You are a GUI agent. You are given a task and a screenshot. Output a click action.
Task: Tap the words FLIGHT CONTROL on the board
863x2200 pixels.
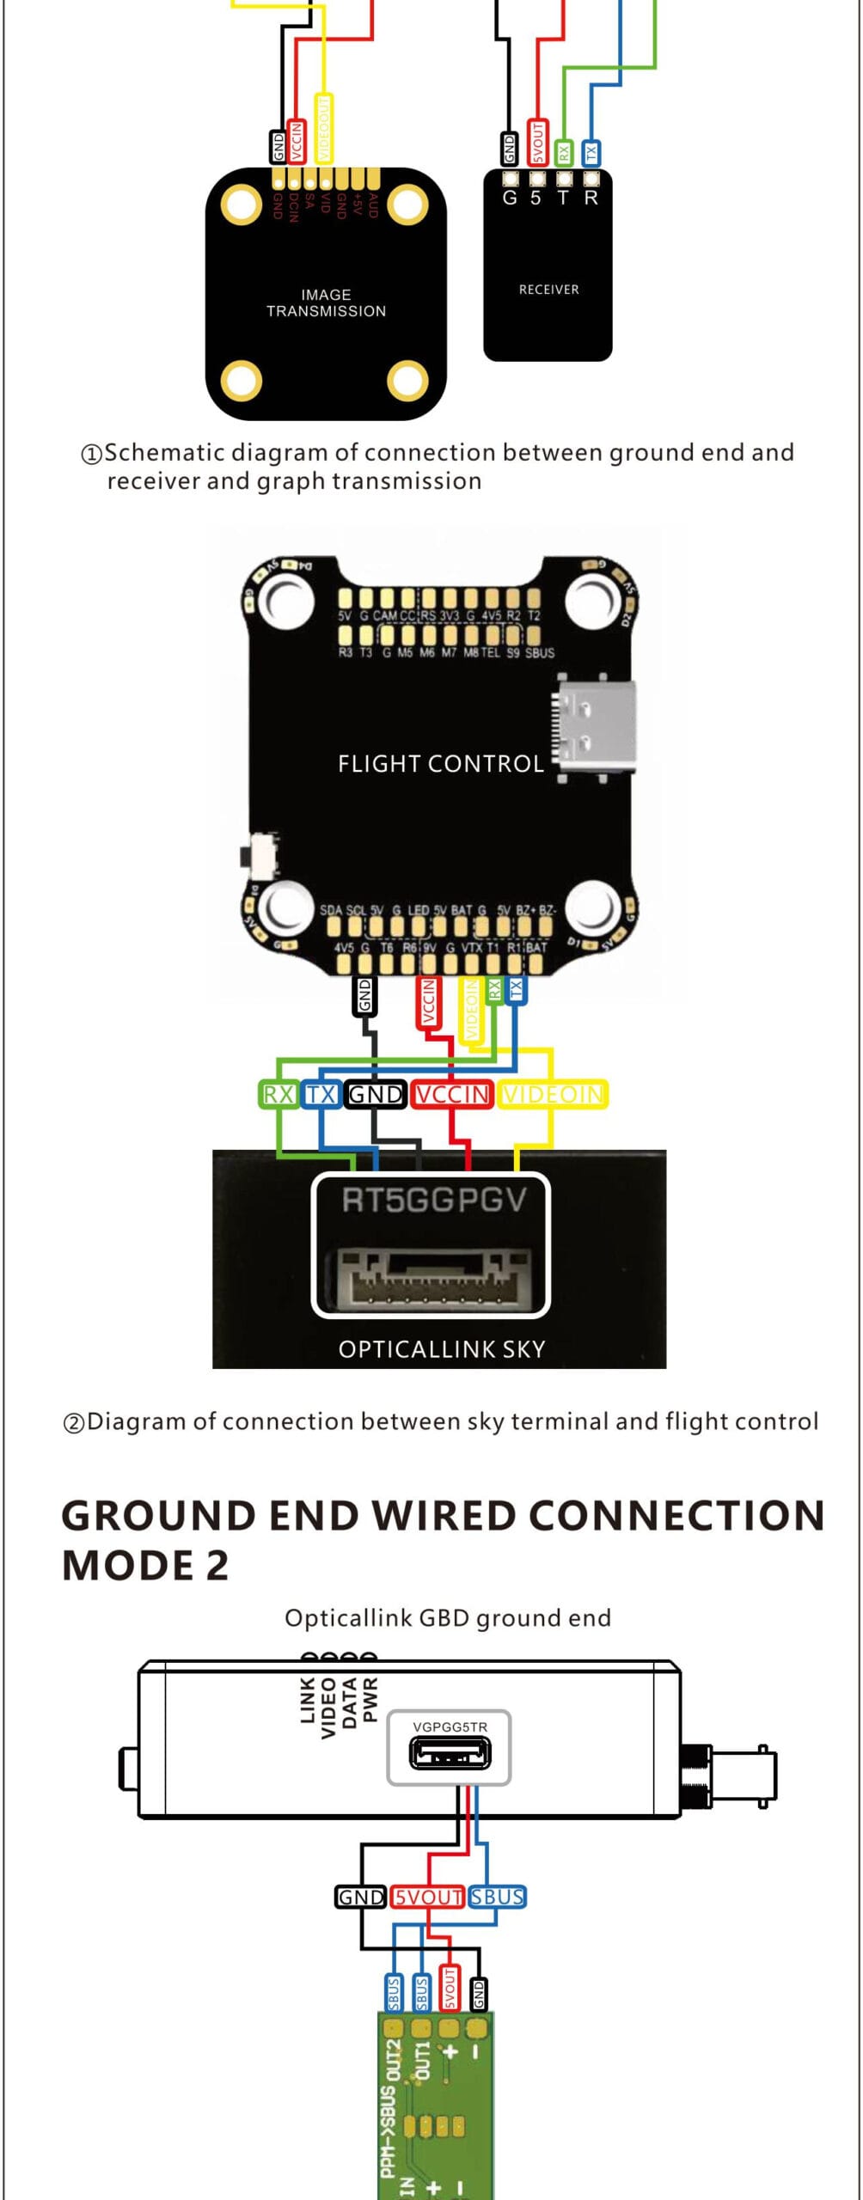coord(440,763)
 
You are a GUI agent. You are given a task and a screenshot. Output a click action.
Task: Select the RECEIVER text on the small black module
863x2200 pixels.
coord(548,290)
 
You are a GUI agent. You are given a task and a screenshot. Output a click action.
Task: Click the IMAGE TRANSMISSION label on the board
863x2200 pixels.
coord(326,302)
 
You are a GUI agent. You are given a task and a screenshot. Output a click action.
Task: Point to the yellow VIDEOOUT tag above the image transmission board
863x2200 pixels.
coord(323,128)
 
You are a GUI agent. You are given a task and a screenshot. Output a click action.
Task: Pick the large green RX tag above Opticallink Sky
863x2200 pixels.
coord(278,1094)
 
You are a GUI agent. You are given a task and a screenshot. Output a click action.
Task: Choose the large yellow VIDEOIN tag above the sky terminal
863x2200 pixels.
coord(554,1094)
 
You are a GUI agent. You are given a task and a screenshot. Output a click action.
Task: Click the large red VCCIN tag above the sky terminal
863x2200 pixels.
coord(452,1094)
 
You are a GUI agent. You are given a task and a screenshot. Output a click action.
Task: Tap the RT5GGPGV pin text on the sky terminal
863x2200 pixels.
coord(433,1200)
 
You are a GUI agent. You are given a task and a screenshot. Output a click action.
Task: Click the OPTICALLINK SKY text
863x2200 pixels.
coord(442,1348)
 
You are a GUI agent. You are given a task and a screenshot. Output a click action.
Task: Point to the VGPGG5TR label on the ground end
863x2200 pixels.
coord(450,1726)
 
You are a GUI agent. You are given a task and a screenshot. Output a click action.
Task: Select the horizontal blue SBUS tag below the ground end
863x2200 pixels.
coord(497,1897)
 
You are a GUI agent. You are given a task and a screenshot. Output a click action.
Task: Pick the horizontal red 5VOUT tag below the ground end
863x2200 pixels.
coord(427,1897)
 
